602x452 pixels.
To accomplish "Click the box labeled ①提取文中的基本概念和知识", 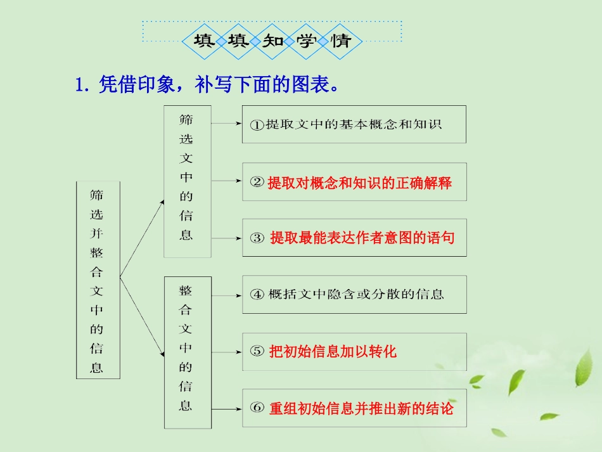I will click(354, 124).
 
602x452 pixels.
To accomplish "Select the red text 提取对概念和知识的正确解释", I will click(359, 183).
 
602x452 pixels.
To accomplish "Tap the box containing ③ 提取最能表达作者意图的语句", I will click(354, 238).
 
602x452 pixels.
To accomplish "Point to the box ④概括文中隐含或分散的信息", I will click(354, 294).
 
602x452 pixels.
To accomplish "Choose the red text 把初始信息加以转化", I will click(333, 351).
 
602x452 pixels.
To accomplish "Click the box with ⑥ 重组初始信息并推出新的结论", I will click(354, 408).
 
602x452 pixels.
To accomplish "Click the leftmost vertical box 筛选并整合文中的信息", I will click(98, 280).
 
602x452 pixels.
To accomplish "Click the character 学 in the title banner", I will click(307, 42).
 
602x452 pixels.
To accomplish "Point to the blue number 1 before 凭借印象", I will click(80, 84).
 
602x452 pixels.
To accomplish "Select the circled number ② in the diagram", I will click(257, 183).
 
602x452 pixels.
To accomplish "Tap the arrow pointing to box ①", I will click(226, 124).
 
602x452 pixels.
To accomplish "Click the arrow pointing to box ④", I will click(226, 294).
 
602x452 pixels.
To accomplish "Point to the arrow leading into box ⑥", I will click(226, 408).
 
